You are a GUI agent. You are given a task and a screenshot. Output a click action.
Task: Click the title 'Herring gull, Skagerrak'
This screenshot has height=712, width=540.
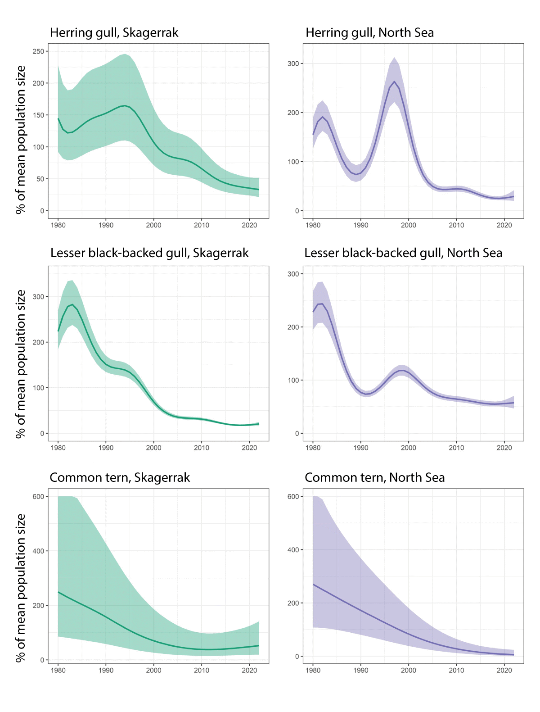[114, 33]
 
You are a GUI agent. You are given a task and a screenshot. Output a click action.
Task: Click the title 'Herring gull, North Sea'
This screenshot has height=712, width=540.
[369, 33]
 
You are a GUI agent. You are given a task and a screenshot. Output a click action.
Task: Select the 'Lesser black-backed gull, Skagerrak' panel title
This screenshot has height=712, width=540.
[149, 253]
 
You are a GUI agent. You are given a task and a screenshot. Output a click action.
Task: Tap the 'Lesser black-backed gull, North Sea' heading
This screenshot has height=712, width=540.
[403, 253]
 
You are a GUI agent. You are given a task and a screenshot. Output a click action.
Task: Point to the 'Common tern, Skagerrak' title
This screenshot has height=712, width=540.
[120, 477]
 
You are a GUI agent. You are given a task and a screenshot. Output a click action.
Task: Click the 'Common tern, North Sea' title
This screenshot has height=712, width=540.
[374, 477]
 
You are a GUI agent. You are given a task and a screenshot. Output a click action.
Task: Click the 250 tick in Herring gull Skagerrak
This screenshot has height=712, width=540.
[38, 51]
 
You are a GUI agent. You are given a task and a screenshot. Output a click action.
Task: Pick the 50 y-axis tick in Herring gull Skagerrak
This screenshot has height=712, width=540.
[40, 179]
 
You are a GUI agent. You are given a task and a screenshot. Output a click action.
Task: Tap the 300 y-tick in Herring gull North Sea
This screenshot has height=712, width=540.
[293, 63]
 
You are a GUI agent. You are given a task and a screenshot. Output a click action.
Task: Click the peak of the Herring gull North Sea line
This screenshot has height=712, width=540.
[394, 82]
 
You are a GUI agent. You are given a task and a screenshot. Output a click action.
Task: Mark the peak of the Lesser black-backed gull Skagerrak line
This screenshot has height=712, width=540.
[72, 304]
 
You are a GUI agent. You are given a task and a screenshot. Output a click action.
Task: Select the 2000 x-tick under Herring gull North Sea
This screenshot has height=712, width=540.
[408, 225]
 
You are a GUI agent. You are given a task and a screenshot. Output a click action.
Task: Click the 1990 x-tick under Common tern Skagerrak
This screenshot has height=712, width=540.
[106, 670]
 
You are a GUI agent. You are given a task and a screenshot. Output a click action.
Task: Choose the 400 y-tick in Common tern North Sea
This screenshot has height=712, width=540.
[293, 550]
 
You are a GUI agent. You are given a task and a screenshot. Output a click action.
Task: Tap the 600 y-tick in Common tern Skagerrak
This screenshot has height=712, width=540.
[38, 496]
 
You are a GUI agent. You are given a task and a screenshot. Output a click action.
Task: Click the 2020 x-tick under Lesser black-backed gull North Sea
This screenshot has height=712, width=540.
[504, 448]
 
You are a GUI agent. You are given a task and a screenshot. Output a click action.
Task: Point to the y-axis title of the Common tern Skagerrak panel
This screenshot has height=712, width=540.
[21, 588]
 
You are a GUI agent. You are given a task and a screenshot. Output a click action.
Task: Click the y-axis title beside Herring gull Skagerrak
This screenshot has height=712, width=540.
[21, 140]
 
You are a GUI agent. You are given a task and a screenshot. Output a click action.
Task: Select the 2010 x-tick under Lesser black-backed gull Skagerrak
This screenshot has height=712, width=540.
[202, 448]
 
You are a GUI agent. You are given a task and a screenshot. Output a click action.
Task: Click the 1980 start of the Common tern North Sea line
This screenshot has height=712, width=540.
[313, 585]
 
